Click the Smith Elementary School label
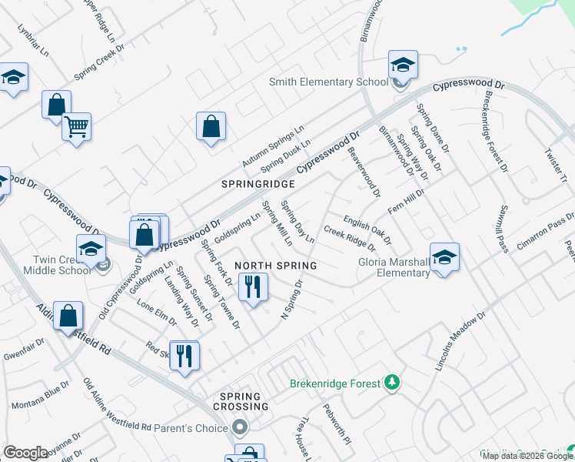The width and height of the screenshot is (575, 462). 328,82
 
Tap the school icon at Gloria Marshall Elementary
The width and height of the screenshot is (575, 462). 444,258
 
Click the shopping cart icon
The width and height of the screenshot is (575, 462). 76,126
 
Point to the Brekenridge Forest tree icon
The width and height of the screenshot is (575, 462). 392,383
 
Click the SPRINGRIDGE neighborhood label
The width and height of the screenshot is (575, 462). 258,185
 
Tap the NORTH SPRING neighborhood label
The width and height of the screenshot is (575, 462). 276,266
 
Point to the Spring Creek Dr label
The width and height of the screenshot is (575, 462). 99,61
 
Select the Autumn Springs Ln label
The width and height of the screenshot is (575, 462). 274,146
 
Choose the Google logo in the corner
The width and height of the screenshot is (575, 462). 25,453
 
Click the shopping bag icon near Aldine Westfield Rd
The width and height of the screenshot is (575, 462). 68,316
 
